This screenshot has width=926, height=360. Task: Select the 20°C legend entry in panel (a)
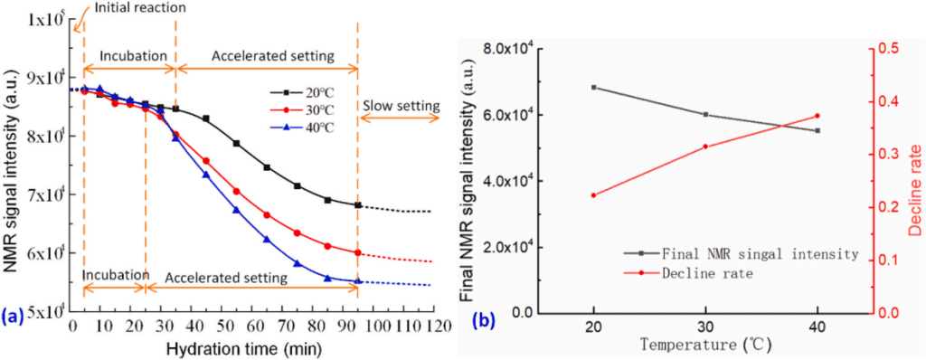(x=302, y=93)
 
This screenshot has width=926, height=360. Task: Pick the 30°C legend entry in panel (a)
(x=302, y=110)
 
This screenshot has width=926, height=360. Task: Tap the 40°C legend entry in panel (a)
(x=302, y=127)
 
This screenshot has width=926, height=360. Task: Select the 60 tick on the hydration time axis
(x=251, y=327)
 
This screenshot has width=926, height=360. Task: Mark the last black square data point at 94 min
(x=357, y=205)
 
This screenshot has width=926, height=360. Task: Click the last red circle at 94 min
(x=357, y=252)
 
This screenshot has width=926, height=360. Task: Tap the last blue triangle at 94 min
(x=357, y=280)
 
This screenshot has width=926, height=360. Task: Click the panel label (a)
(x=13, y=318)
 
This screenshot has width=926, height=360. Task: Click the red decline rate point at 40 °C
(x=817, y=116)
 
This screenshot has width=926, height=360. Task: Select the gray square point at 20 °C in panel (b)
(x=593, y=88)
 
